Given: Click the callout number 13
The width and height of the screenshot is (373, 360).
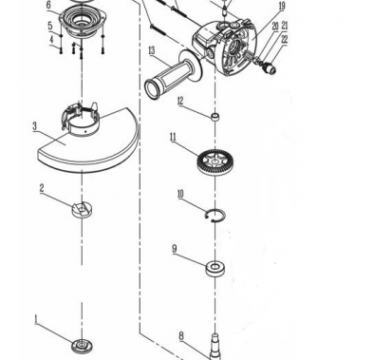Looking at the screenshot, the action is click(x=152, y=50).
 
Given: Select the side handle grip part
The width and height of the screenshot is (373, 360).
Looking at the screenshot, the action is click(x=174, y=75).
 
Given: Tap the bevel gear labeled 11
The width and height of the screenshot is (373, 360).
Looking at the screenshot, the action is click(x=214, y=161).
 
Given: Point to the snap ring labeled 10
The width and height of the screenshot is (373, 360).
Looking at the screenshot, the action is click(x=215, y=215).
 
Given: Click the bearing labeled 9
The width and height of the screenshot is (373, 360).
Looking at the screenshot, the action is click(x=215, y=269).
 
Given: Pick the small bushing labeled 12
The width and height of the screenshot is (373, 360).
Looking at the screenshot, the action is click(x=215, y=117).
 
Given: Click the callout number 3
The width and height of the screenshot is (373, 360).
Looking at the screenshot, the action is click(x=34, y=126).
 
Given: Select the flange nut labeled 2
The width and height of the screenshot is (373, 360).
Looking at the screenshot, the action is click(x=82, y=210).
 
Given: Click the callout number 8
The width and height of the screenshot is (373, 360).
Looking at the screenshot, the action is click(x=181, y=336).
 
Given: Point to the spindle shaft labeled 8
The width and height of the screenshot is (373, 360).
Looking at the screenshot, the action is click(x=214, y=347).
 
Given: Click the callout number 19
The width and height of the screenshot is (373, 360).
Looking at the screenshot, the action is click(x=282, y=6).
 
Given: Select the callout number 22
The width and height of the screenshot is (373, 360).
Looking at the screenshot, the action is click(x=285, y=40).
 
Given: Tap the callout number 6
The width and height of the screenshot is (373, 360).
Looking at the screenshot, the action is click(x=48, y=5).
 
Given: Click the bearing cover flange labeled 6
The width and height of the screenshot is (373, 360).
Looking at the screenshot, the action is click(x=82, y=20).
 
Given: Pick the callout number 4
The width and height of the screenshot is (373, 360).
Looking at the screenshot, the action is click(x=51, y=40).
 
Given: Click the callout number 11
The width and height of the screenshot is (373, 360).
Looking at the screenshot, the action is click(x=173, y=138).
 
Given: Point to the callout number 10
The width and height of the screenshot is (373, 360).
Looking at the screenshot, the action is click(x=180, y=194).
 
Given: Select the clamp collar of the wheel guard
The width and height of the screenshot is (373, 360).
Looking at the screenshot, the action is click(x=81, y=120).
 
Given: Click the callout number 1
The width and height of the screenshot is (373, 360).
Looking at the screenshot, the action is click(x=36, y=319).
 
